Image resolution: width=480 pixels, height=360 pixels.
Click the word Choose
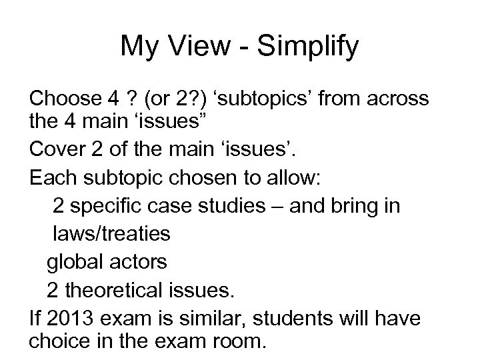(63, 99)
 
